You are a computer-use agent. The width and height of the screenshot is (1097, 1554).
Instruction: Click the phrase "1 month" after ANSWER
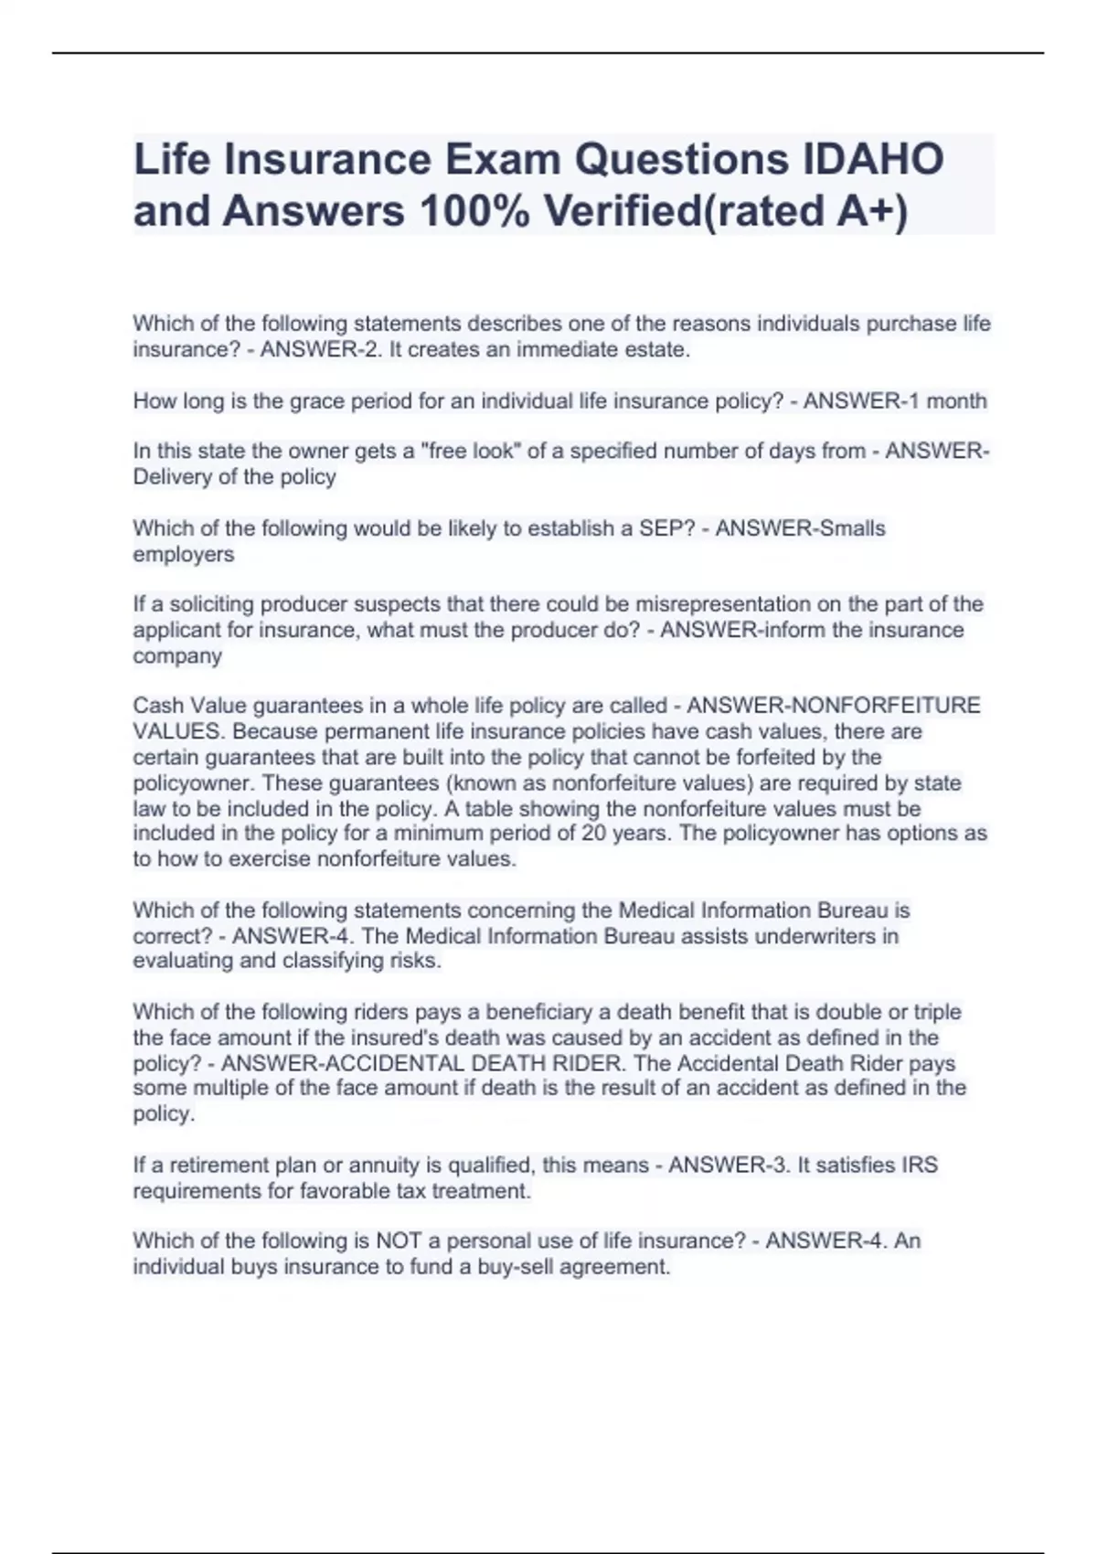coord(944,401)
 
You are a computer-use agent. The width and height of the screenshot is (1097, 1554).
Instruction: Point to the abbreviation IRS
coord(920,1165)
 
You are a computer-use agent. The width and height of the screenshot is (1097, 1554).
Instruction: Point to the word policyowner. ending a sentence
coord(189,783)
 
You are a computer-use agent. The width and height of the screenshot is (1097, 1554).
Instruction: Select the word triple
coord(930,1012)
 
